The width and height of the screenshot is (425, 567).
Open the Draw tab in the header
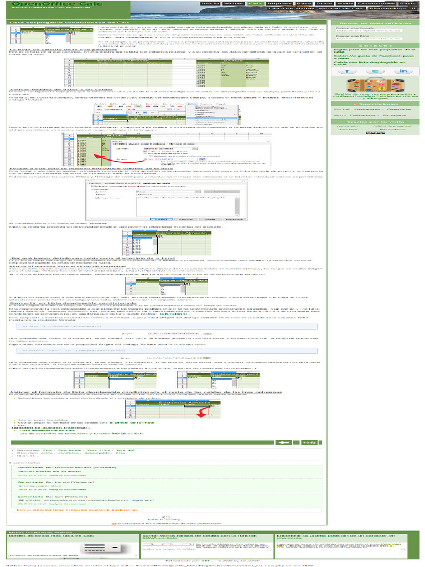click(325, 3)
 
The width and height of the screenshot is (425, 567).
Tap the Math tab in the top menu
click(345, 3)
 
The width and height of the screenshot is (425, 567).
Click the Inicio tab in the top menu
click(210, 3)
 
